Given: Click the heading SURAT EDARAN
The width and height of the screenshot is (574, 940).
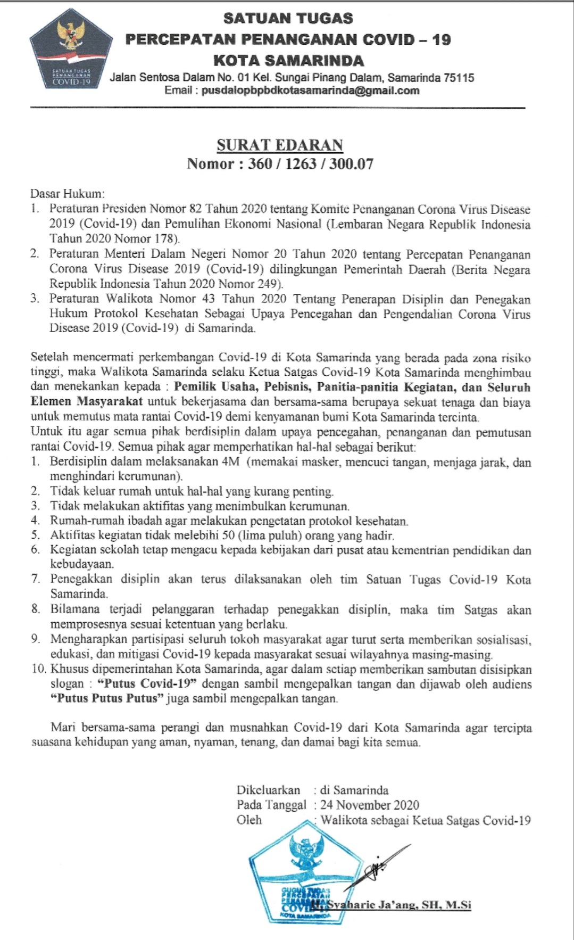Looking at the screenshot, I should pyautogui.click(x=280, y=145).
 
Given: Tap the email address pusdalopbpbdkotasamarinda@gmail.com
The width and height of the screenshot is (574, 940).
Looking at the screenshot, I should pyautogui.click(x=310, y=90).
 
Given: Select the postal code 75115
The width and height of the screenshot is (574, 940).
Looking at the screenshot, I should pyautogui.click(x=457, y=78).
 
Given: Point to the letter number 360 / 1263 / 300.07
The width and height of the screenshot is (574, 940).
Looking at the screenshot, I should pyautogui.click(x=311, y=163).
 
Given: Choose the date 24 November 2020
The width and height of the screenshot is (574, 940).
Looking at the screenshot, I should pyautogui.click(x=370, y=805).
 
